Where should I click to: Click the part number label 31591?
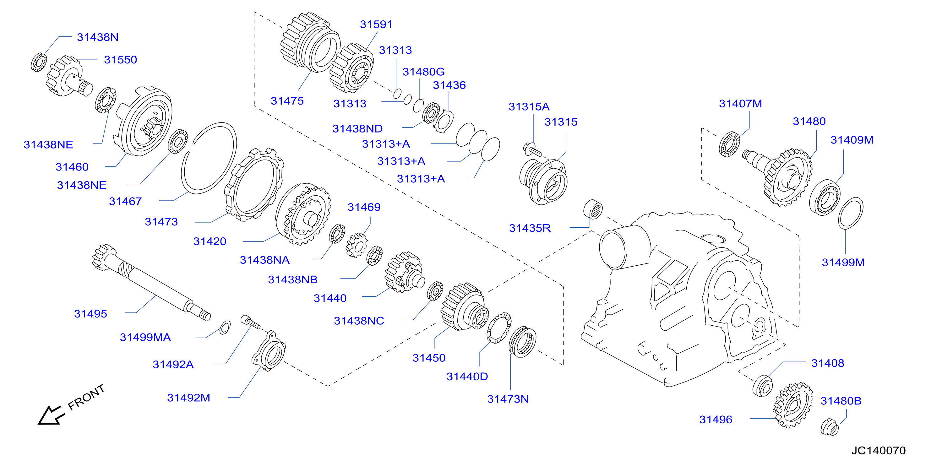[x=376, y=24]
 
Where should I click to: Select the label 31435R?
[x=530, y=228]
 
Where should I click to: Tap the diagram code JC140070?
[x=878, y=450]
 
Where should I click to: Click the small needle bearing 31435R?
[x=593, y=209]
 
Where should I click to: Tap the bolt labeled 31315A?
[x=532, y=149]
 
